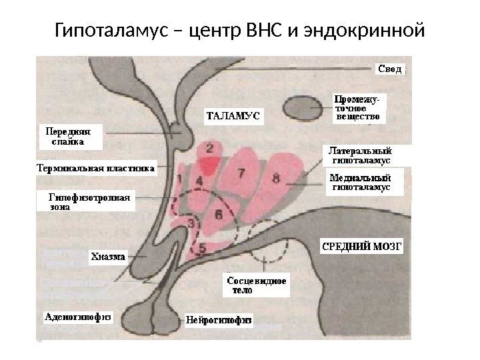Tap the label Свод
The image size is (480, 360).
tap(391, 68)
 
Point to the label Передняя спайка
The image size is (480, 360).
tap(68, 136)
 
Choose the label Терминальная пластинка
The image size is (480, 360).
tap(95, 169)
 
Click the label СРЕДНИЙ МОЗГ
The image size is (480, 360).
tap(363, 245)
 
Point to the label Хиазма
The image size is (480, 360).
tap(107, 256)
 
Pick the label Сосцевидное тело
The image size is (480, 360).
tap(257, 285)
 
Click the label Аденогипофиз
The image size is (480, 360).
tap(77, 317)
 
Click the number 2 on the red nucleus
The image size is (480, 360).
tap(211, 147)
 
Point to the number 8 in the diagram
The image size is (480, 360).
tap(276, 178)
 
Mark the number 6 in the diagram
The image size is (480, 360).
tap(219, 214)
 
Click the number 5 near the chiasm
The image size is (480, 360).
tap(203, 245)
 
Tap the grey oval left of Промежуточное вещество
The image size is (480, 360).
tap(303, 107)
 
